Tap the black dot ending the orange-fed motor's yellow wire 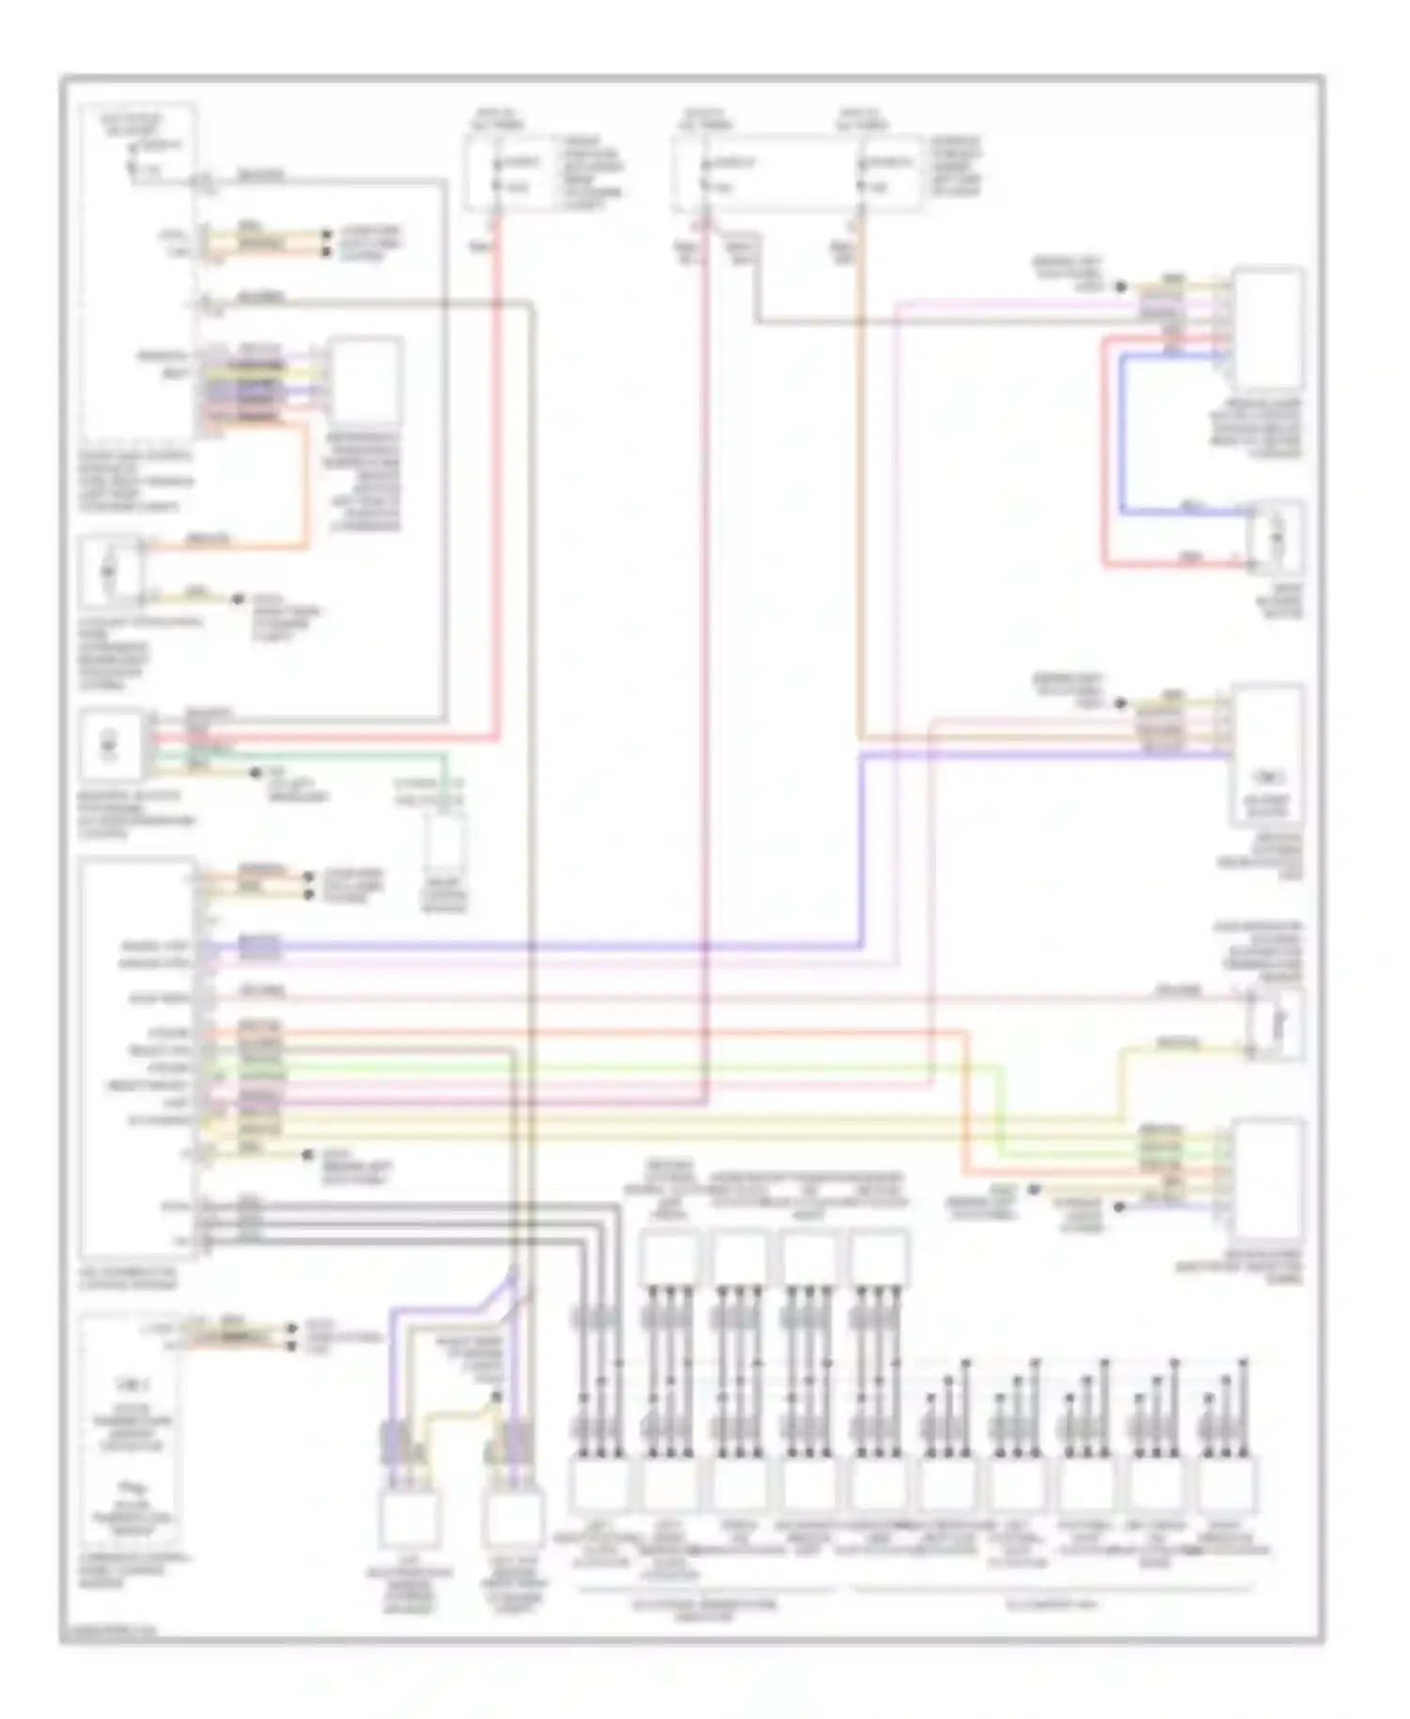(x=239, y=599)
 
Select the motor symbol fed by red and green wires (x=111, y=746)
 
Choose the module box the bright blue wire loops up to (x=1268, y=328)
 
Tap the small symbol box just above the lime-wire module (x=1277, y=1023)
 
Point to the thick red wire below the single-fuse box (x=495, y=470)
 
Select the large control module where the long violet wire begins (x=138, y=1058)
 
